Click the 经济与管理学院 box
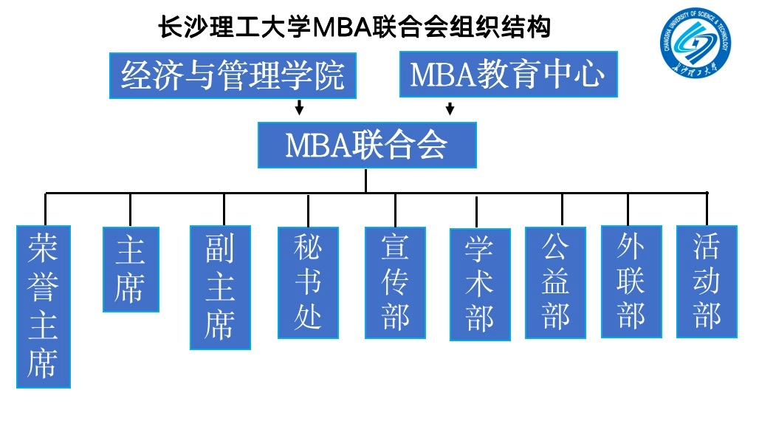233,75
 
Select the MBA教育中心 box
507,74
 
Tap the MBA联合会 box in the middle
366,145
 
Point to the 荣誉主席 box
44,307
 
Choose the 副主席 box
220,287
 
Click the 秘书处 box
308,282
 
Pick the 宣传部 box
395,282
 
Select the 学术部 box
480,284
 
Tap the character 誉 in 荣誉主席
44,287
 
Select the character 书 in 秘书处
308,282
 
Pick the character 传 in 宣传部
395,282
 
